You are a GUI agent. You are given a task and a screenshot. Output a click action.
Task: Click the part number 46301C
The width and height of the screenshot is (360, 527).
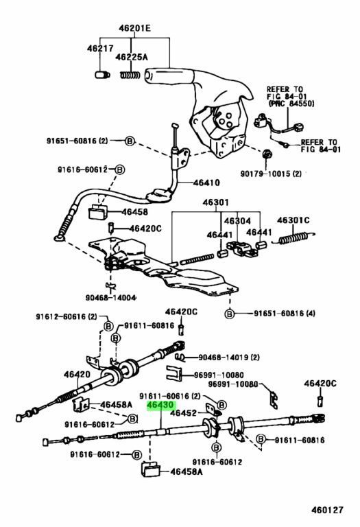(x=293, y=220)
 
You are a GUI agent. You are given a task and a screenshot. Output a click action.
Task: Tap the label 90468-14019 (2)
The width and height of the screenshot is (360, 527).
(x=230, y=357)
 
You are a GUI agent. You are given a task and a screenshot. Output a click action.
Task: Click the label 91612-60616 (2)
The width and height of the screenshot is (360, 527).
(x=67, y=316)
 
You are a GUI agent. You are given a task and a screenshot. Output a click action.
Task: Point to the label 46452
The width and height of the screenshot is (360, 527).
(x=184, y=414)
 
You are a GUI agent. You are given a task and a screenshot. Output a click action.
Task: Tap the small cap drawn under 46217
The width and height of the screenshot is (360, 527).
(x=100, y=73)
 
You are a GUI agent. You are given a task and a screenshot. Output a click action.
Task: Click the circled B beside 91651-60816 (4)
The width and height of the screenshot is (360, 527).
(x=230, y=314)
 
